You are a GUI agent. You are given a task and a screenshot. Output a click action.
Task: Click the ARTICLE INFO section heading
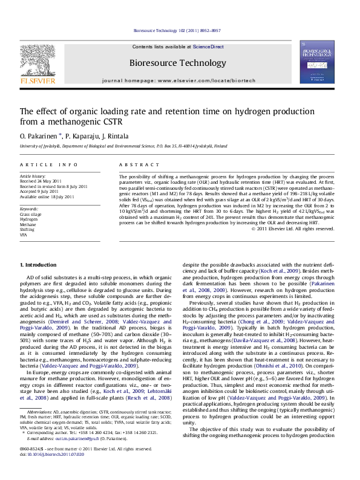pos(43,164)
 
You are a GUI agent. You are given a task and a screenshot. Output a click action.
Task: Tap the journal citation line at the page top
pos(180,29)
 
